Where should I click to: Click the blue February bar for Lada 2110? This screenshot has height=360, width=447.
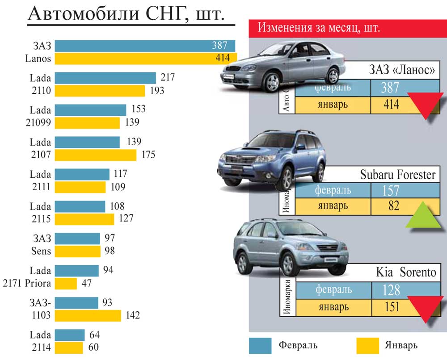(x=105, y=78)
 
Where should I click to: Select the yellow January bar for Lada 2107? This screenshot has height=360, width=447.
(x=96, y=155)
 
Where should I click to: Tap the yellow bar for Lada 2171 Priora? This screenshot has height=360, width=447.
(x=66, y=284)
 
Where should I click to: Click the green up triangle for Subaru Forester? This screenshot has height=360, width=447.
(x=423, y=216)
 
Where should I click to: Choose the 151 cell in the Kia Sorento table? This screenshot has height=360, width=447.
(x=390, y=308)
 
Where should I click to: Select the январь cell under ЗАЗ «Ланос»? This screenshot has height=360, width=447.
(x=333, y=105)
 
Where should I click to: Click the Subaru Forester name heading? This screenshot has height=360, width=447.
(x=397, y=175)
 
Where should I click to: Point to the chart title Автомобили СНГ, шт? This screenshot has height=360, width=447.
(x=126, y=15)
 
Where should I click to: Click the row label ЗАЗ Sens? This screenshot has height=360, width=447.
(x=42, y=245)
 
